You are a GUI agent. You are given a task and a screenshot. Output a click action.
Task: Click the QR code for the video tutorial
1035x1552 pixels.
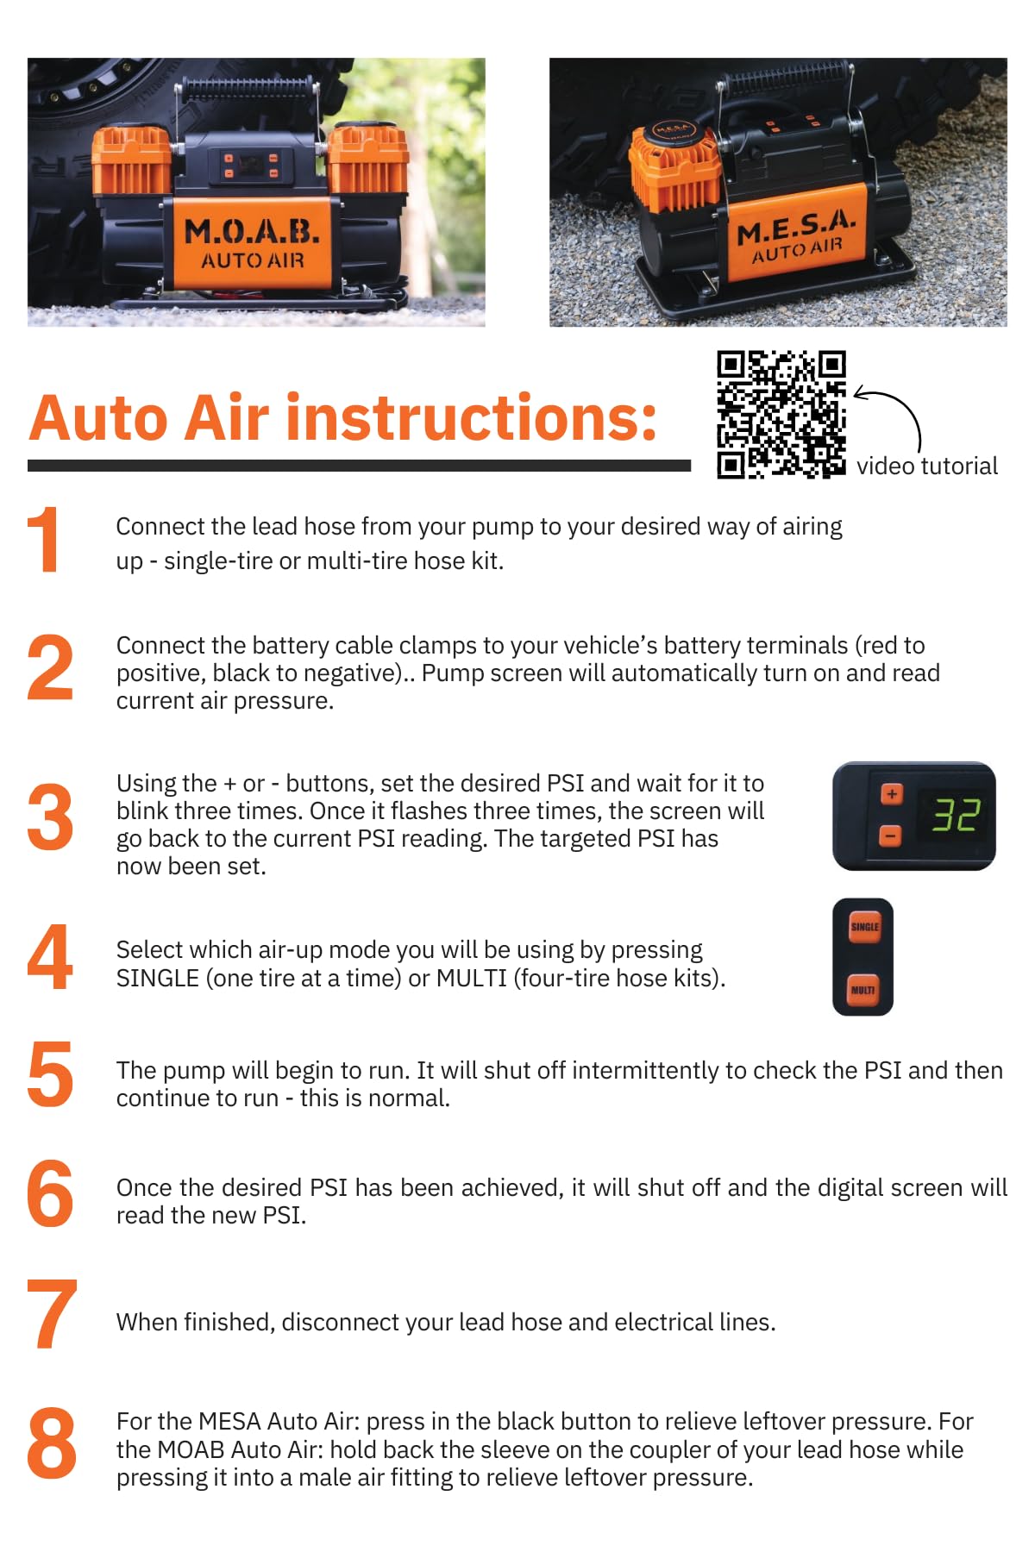point(781,414)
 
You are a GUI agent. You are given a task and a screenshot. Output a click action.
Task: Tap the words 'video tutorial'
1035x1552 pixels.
point(926,466)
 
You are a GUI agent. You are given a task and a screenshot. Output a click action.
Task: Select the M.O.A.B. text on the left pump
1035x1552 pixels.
point(252,231)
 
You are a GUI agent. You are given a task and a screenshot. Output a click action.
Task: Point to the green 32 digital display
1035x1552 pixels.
point(956,815)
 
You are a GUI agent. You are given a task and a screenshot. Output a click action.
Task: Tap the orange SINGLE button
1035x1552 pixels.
point(864,927)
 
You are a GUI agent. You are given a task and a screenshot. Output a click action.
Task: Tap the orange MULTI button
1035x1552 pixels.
point(862,990)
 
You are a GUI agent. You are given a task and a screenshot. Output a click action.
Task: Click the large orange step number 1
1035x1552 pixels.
point(43,541)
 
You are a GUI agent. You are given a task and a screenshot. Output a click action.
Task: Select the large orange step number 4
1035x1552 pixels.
point(49,957)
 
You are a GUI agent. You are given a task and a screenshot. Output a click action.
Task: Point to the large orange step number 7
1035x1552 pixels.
point(51,1315)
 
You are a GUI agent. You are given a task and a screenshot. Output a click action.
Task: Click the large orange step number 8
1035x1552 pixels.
point(51,1442)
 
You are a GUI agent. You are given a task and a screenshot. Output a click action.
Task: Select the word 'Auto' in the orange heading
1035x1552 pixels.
point(98,418)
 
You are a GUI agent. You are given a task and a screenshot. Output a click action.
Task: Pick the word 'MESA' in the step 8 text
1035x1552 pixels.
point(229,1421)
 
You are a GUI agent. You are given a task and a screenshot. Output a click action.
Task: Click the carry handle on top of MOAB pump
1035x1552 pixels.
point(250,86)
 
